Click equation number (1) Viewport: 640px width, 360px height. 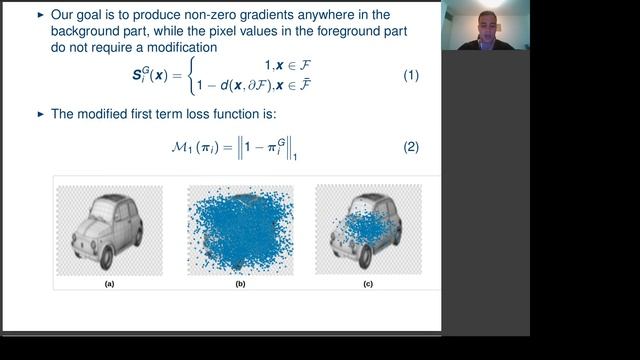tap(410, 76)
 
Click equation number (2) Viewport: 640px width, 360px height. tap(410, 147)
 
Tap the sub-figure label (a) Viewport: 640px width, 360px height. tap(110, 284)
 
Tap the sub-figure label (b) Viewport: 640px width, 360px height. tap(240, 284)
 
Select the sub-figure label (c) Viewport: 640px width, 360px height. tap(368, 284)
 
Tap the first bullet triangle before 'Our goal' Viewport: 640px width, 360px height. tap(40, 16)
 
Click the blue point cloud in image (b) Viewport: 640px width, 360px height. tap(240, 230)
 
